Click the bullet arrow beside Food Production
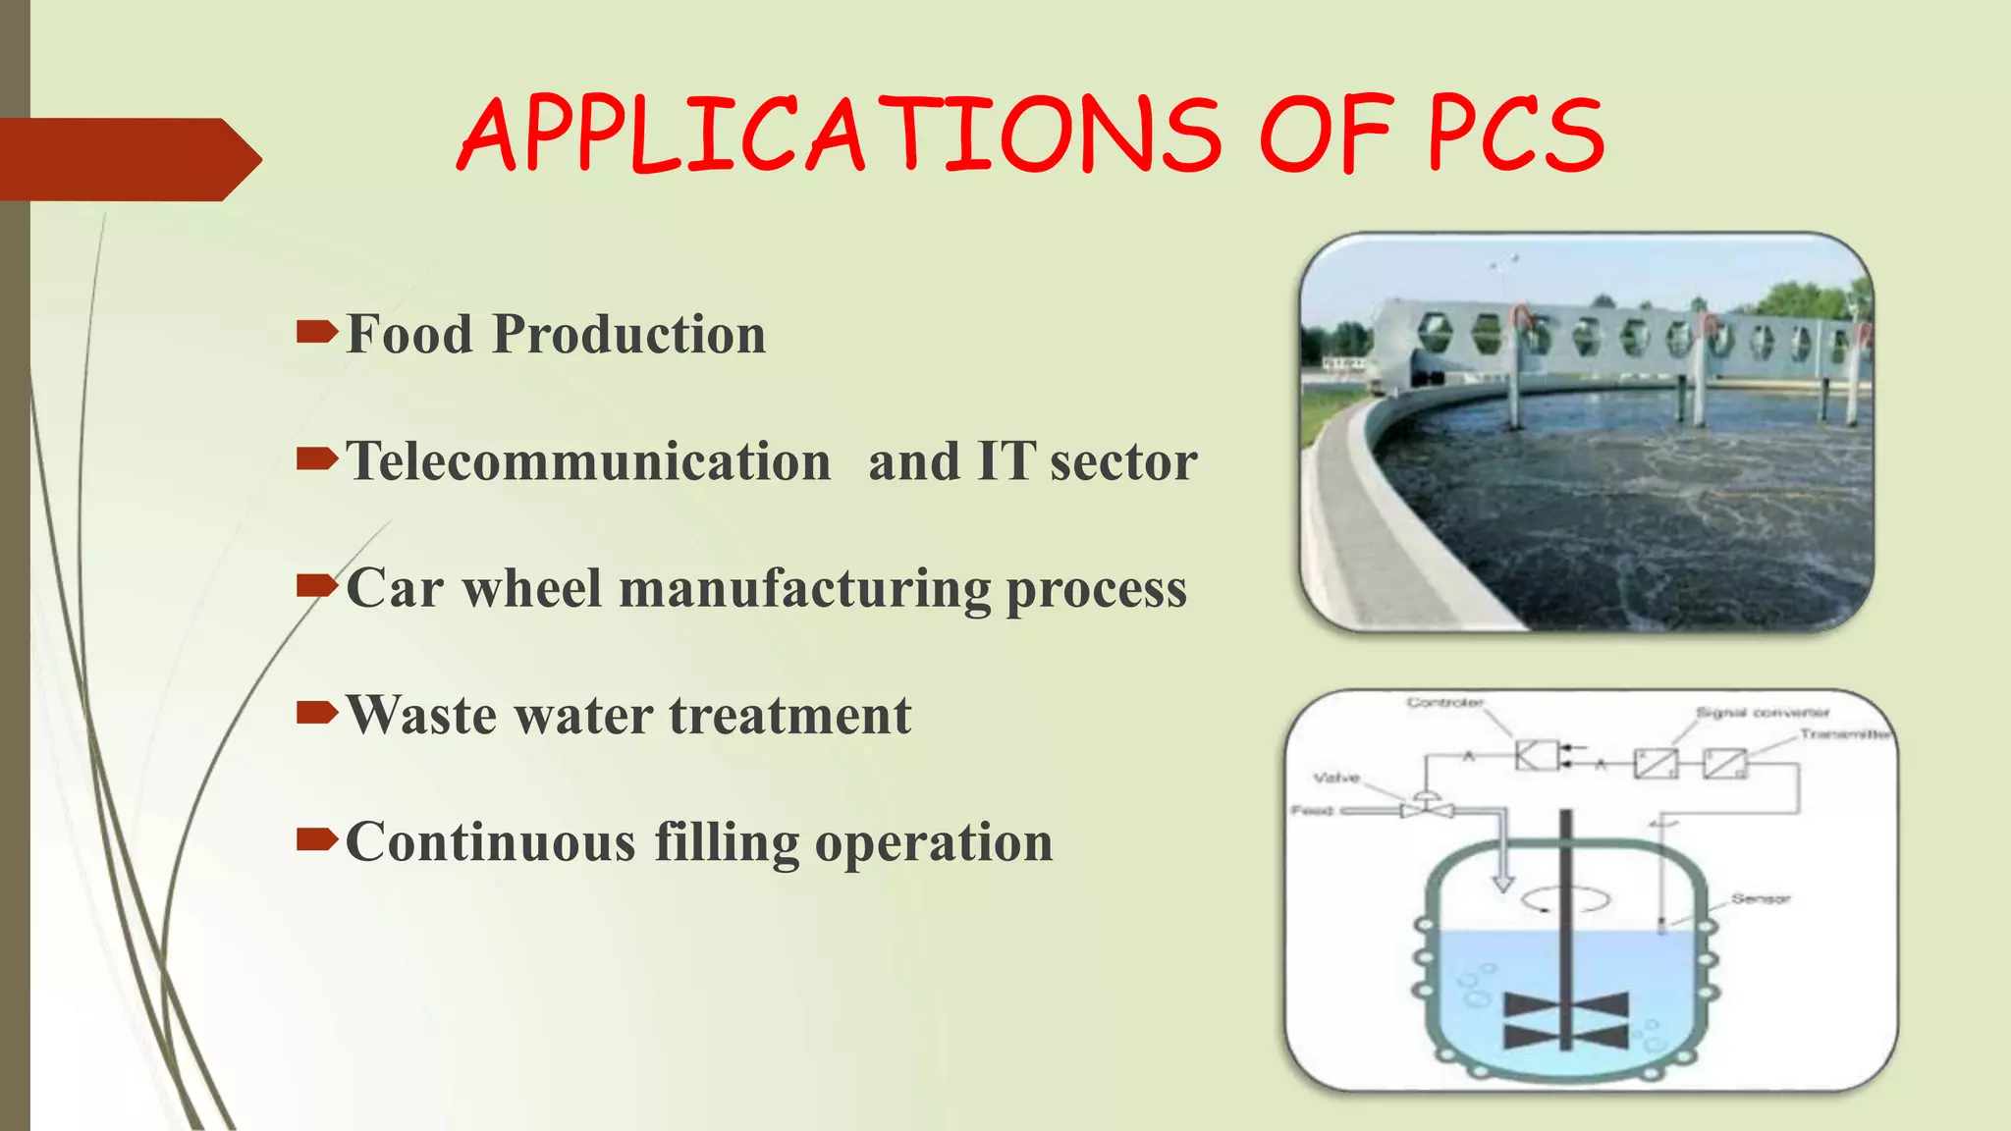pyautogui.click(x=316, y=334)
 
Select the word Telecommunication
pyautogui.click(x=588, y=461)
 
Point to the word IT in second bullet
pyautogui.click(x=1005, y=461)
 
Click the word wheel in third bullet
pyautogui.click(x=531, y=588)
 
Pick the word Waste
pyautogui.click(x=421, y=715)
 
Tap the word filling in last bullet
pyautogui.click(x=727, y=842)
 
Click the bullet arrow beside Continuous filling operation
pyautogui.click(x=316, y=839)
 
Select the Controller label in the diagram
pyautogui.click(x=1444, y=703)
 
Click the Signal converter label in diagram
pyautogui.click(x=1763, y=713)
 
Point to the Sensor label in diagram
pyautogui.click(x=1761, y=898)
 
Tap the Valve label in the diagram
pyautogui.click(x=1336, y=778)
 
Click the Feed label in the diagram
pyautogui.click(x=1312, y=811)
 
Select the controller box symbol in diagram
pyautogui.click(x=1537, y=756)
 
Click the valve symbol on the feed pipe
pyautogui.click(x=1426, y=808)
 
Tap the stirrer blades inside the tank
pyautogui.click(x=1566, y=1019)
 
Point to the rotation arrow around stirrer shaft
pyautogui.click(x=1566, y=898)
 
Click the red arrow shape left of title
pyautogui.click(x=128, y=159)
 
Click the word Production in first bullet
pyautogui.click(x=628, y=334)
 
